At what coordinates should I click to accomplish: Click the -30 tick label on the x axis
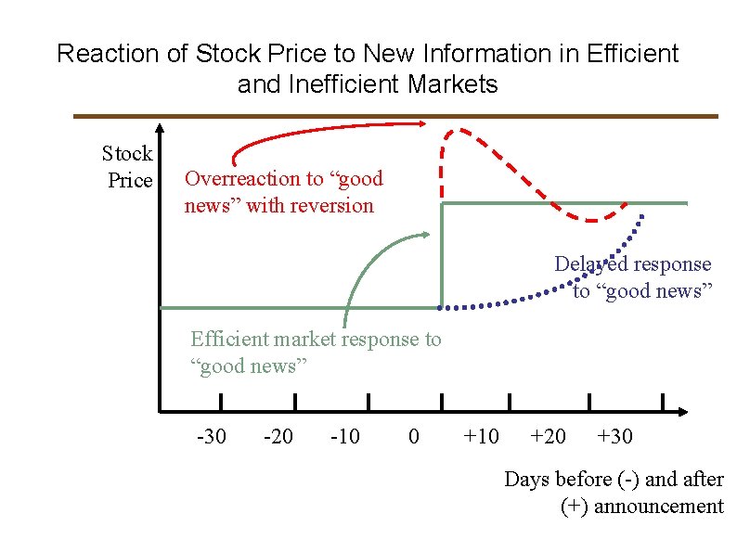pos(211,436)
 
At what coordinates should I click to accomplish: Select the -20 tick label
pos(278,436)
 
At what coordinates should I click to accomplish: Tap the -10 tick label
pos(345,436)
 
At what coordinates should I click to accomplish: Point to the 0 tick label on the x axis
pos(414,436)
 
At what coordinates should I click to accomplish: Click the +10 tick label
pos(480,436)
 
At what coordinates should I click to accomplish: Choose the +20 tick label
pos(548,436)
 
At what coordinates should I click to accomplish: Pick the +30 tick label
pos(614,436)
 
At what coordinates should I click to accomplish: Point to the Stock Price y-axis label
pos(128,166)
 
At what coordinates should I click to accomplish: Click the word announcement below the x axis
pos(658,506)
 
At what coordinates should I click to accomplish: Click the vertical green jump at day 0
pos(441,255)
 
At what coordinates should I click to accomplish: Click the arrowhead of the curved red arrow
pos(421,122)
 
